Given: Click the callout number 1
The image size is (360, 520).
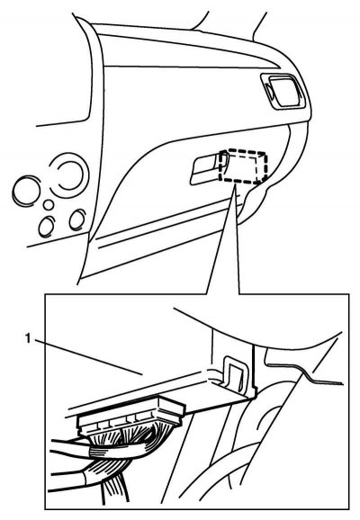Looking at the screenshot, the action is (29, 338).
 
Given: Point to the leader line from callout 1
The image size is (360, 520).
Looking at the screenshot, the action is (88, 357).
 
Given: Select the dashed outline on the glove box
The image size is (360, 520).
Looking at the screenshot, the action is (243, 166).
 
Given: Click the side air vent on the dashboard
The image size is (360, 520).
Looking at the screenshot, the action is (283, 91).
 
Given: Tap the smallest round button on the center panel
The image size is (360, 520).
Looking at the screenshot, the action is (49, 204).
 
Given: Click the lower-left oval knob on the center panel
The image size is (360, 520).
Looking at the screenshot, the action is (47, 227).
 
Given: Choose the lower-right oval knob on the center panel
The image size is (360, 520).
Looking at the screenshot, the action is (77, 220).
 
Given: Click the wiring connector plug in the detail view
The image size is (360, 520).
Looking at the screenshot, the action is (131, 417).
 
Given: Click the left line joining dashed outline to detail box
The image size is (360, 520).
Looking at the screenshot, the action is (220, 239).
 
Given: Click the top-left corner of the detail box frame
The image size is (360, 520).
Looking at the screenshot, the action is (45, 294).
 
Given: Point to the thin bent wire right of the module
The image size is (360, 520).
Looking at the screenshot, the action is (305, 375).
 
